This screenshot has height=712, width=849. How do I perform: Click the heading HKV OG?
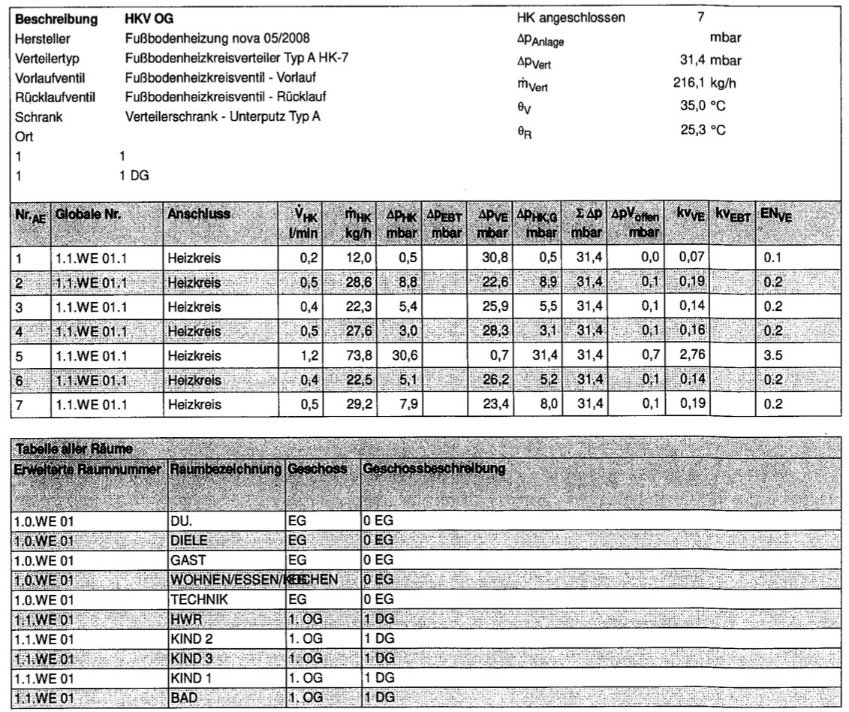click(x=149, y=19)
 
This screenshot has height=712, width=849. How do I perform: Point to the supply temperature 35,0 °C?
click(x=703, y=105)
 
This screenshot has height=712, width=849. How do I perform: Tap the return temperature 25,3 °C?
click(x=703, y=130)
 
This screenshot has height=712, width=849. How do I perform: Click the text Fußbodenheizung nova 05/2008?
click(x=218, y=38)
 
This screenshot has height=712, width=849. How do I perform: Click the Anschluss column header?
click(x=199, y=214)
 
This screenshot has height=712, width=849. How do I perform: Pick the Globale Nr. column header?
click(x=88, y=214)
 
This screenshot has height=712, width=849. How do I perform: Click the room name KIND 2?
click(x=193, y=639)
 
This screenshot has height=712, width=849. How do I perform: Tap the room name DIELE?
click(x=189, y=540)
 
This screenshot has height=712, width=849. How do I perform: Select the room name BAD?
click(x=185, y=698)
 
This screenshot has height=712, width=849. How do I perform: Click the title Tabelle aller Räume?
click(x=74, y=449)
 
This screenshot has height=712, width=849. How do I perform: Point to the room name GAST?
click(x=188, y=560)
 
